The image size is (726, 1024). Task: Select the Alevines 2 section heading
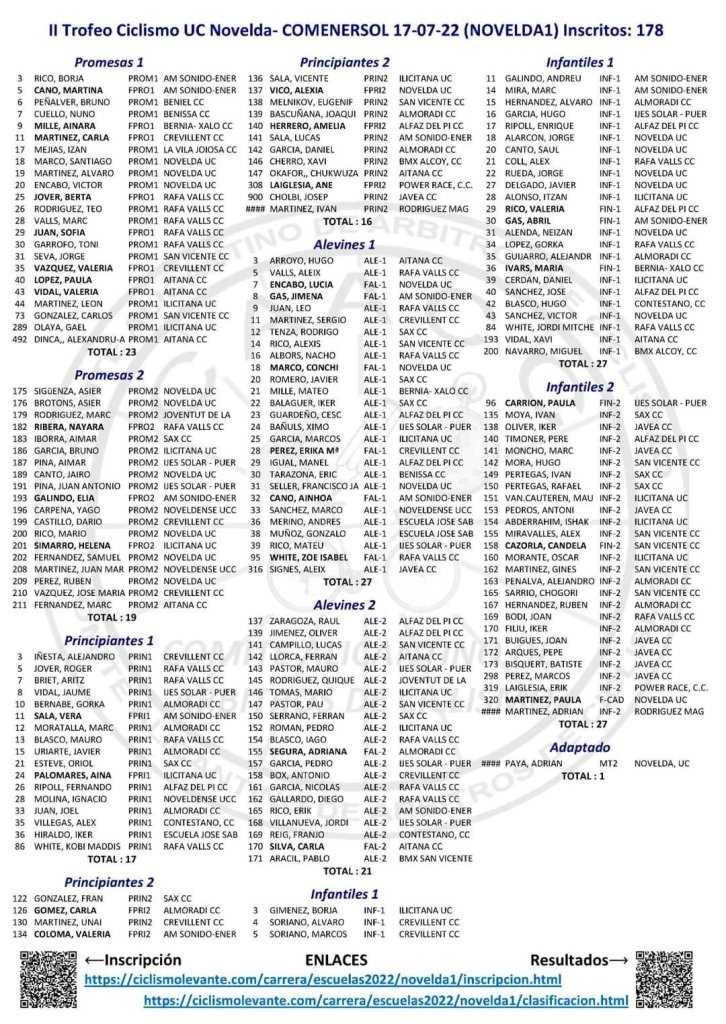344,605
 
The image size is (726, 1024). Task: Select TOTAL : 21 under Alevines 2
344,870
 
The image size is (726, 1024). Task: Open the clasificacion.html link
386,1000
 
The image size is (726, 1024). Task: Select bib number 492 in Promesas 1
18,339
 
